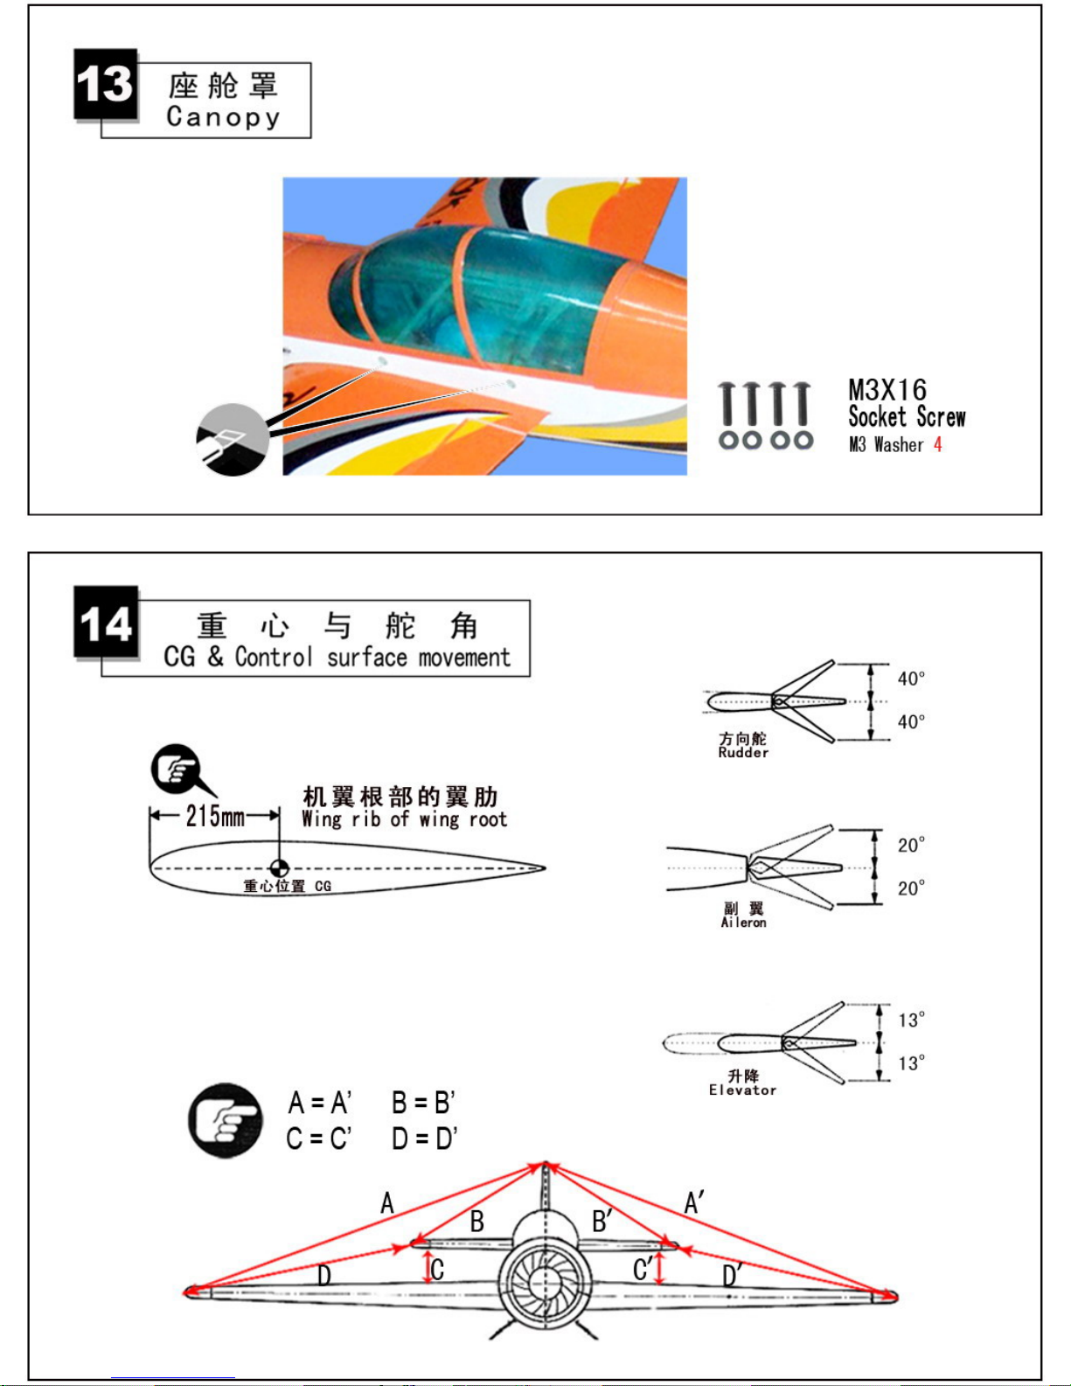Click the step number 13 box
(x=105, y=84)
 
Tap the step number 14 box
(x=106, y=621)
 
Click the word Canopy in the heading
(x=223, y=117)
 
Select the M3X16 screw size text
(x=887, y=390)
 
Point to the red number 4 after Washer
(x=938, y=444)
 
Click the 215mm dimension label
(x=215, y=816)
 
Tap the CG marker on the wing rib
(x=279, y=868)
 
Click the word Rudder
(x=743, y=753)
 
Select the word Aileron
(x=743, y=923)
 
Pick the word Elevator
(x=742, y=1090)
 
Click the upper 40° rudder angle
(x=911, y=678)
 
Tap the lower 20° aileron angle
(x=911, y=888)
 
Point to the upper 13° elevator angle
(x=912, y=1020)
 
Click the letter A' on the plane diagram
(x=693, y=1203)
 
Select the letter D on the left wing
(x=324, y=1276)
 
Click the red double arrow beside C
(x=428, y=1267)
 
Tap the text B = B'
(x=423, y=1103)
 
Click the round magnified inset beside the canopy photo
(x=233, y=440)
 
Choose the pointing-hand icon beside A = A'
(x=225, y=1121)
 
